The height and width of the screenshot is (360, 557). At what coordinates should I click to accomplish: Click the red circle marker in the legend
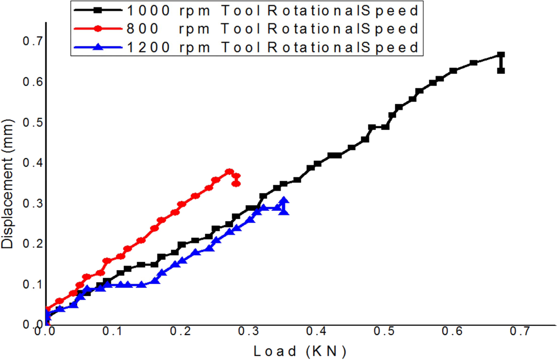coord(98,29)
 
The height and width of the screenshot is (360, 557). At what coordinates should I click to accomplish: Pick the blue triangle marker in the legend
coord(98,47)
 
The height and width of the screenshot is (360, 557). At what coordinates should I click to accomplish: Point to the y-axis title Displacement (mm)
coord(8,184)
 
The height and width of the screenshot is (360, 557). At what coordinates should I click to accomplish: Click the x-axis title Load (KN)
coord(299,351)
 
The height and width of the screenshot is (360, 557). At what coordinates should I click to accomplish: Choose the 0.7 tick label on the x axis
coord(519,331)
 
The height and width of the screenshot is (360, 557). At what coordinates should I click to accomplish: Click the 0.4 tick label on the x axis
coord(316,331)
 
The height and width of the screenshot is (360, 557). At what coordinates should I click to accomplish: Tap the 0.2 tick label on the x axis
coord(181,331)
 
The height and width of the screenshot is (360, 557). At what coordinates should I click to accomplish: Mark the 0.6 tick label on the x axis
coord(452,331)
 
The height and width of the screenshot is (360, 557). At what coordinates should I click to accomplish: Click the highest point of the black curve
coord(500,55)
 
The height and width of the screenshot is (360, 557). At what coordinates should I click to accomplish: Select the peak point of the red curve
coord(229,172)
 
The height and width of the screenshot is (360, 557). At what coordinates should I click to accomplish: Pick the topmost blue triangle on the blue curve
coord(284,200)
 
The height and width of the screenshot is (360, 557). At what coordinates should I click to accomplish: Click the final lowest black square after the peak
coord(500,71)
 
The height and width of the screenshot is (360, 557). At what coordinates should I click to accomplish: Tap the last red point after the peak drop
coord(236,183)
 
